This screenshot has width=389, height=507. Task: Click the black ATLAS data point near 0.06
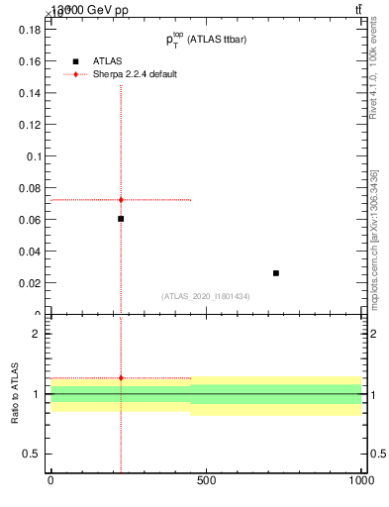coord(121,219)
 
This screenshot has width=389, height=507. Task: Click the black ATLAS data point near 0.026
coord(276,273)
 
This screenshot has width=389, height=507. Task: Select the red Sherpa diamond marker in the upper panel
coord(121,200)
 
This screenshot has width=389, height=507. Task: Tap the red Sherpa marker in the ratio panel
coord(121,377)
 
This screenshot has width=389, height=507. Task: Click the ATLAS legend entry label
coord(107,60)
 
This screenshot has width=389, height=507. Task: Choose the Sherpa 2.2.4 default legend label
coord(135,74)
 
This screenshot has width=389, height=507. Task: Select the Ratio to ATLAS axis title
coord(16,394)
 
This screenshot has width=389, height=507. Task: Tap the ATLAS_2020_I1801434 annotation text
coord(206,296)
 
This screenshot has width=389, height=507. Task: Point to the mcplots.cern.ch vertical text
coord(380,248)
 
